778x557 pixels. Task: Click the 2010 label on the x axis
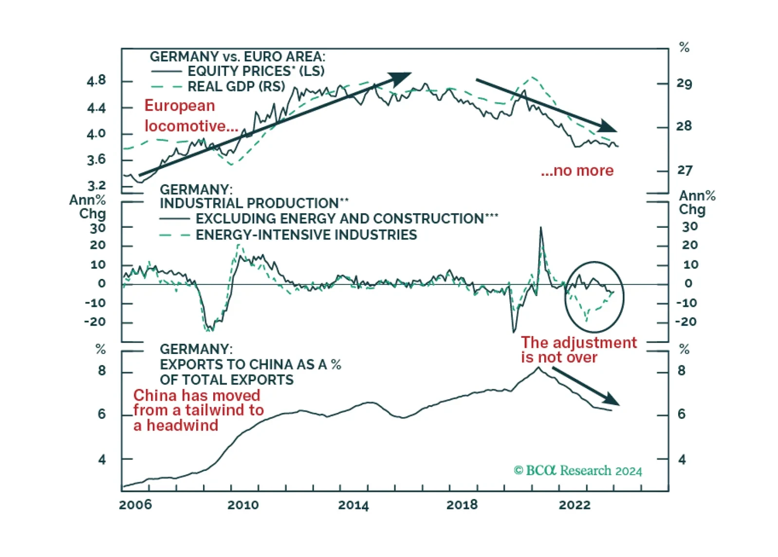[243, 504]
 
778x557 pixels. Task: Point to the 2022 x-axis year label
[574, 504]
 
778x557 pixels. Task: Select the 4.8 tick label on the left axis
[96, 81]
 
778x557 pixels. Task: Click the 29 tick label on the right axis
[684, 84]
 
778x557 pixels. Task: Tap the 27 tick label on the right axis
[684, 170]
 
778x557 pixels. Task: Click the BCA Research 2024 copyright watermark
[578, 470]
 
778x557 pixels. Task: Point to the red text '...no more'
[577, 170]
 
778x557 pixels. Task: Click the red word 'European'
[180, 106]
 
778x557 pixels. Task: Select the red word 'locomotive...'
[191, 126]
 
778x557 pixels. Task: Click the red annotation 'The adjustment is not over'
[579, 350]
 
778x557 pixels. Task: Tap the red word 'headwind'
[183, 426]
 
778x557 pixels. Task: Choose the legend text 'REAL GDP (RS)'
[236, 87]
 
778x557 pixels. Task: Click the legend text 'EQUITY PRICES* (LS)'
[256, 71]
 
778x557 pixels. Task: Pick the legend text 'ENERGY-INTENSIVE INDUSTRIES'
[306, 235]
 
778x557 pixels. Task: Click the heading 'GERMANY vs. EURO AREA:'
[238, 56]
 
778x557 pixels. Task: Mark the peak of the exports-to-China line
[538, 368]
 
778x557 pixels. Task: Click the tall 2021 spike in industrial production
[541, 228]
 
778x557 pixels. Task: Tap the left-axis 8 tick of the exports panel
[101, 371]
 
